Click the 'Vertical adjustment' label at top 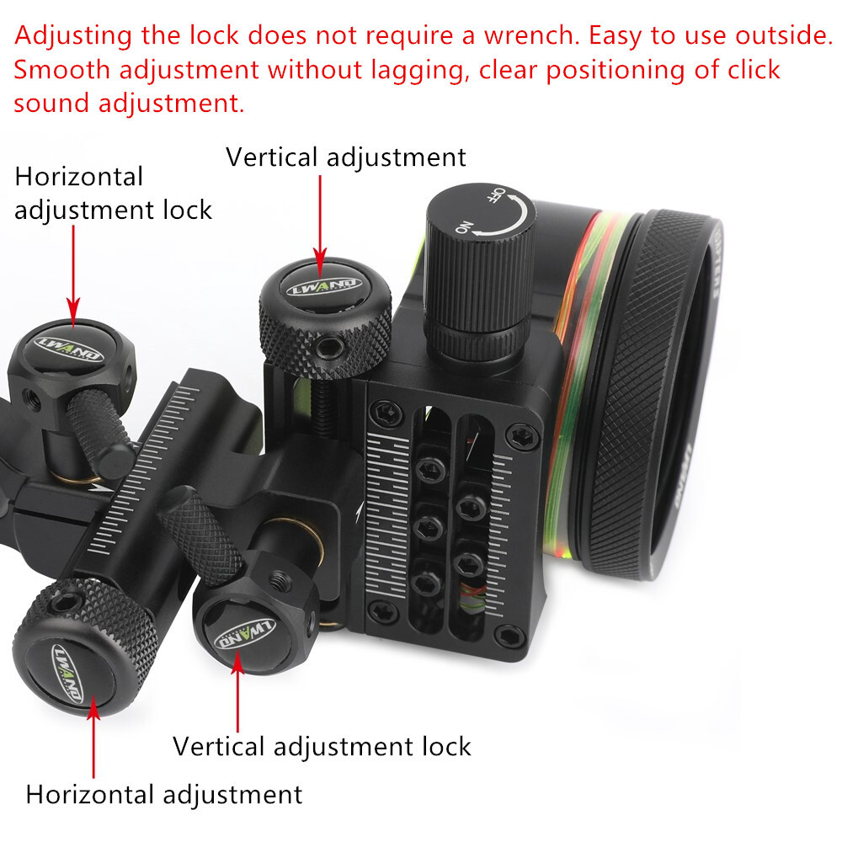click(345, 157)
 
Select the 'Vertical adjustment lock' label click(322, 746)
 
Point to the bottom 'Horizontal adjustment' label click(163, 794)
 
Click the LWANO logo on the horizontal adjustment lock click(67, 347)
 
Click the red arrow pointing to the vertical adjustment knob click(320, 219)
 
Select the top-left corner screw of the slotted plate click(384, 410)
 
